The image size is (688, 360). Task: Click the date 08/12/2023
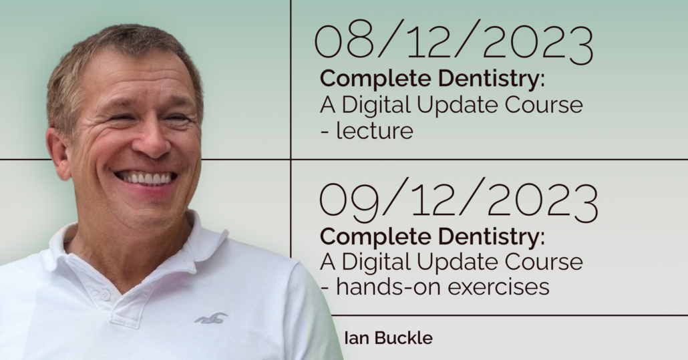(454, 41)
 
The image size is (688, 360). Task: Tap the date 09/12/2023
(458, 200)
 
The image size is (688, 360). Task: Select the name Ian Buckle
(388, 338)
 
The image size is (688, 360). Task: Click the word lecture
(374, 131)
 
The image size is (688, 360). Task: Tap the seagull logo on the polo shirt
(212, 319)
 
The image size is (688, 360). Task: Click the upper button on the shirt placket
(105, 295)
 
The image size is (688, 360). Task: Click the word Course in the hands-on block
(544, 262)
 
